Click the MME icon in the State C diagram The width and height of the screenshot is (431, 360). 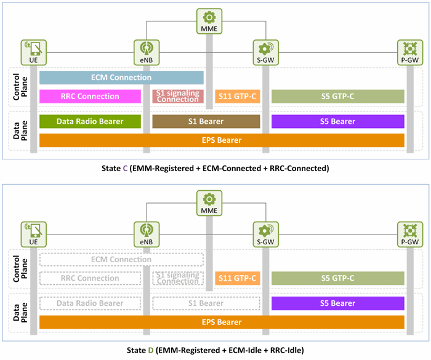click(209, 21)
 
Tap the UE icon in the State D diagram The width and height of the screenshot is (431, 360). click(33, 234)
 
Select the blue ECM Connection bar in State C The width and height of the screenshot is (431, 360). click(121, 78)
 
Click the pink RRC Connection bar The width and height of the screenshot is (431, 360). click(90, 97)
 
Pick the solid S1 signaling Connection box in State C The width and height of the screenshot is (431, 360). click(178, 97)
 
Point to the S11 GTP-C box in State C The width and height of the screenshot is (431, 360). click(238, 97)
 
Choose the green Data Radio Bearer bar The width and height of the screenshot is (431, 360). click(90, 121)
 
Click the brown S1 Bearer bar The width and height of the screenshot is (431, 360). click(206, 121)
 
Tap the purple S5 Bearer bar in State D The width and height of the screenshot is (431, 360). click(338, 303)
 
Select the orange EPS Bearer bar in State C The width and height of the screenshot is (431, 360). click(222, 140)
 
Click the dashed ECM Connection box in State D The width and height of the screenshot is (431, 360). click(121, 260)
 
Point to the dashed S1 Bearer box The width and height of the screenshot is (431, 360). click(206, 303)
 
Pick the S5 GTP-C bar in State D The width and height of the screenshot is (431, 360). click(338, 278)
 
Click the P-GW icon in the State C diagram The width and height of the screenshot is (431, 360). click(410, 52)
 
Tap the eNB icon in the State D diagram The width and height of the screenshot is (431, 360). click(147, 234)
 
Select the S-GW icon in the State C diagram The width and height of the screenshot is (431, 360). click(266, 52)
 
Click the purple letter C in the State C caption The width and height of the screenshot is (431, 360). click(125, 168)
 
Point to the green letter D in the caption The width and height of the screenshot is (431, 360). click(151, 350)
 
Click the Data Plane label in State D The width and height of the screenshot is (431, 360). click(20, 313)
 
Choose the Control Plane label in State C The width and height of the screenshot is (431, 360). click(20, 87)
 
